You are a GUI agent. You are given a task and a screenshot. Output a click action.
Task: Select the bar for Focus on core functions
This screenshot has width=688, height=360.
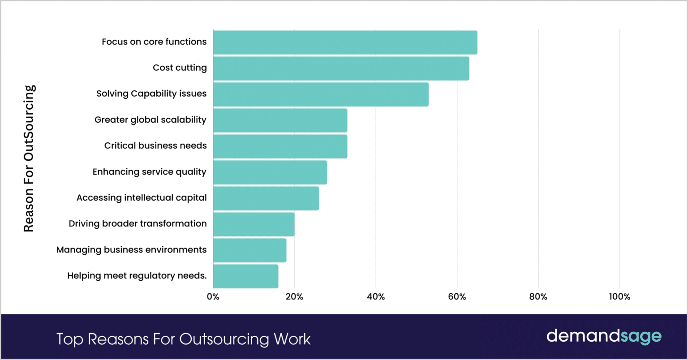(345, 43)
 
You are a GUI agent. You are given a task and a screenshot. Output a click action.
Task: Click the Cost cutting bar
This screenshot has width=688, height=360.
(341, 69)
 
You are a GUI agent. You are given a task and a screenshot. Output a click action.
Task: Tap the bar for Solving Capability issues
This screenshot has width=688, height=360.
(321, 94)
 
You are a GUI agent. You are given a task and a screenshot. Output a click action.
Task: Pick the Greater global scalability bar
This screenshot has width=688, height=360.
(280, 120)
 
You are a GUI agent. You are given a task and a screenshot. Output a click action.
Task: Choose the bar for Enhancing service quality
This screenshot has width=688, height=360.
(270, 172)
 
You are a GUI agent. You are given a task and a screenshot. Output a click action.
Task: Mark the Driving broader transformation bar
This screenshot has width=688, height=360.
(254, 224)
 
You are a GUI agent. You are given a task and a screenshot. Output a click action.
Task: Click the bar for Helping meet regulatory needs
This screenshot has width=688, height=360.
(245, 276)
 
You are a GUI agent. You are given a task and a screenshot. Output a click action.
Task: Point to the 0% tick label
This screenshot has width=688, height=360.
(213, 297)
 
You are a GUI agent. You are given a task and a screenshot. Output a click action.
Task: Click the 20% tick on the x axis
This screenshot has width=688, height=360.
(294, 297)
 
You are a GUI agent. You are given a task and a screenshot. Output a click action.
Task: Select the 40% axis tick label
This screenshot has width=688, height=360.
(375, 297)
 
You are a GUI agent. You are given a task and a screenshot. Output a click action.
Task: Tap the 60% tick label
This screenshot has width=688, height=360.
(457, 297)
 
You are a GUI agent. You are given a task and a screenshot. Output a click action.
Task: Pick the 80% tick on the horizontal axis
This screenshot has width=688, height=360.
(538, 297)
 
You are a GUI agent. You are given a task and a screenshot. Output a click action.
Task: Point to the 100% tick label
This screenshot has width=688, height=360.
(619, 297)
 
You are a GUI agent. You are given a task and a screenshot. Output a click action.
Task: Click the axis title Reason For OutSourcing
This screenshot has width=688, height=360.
(29, 159)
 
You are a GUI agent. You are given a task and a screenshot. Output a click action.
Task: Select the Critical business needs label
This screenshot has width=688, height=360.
(155, 146)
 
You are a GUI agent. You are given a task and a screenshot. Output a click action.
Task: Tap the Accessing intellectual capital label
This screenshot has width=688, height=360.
(142, 198)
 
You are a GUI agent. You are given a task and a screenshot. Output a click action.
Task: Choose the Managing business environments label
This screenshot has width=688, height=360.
(131, 250)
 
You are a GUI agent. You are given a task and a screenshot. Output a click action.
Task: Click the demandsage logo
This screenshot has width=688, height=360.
(604, 337)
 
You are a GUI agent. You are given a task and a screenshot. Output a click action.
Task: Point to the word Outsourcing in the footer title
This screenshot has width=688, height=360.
(224, 339)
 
